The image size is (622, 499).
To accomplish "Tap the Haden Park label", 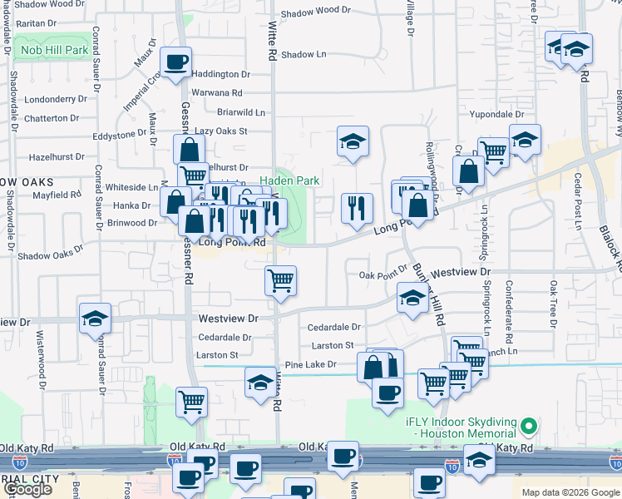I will click(289, 180).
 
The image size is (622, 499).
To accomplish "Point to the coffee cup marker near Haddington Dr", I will click(176, 62).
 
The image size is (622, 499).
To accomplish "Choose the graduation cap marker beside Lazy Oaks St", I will click(353, 141).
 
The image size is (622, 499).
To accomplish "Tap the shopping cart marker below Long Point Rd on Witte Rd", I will click(281, 280).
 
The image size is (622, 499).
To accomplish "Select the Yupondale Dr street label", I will click(496, 114).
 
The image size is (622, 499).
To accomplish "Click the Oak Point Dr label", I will click(383, 275).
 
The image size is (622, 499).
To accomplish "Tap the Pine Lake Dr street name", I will click(310, 364).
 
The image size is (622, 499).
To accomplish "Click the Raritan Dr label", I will click(37, 24).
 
